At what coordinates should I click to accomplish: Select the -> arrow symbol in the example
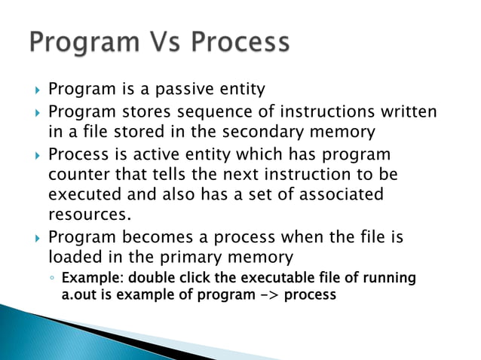(x=268, y=294)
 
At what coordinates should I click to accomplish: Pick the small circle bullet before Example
(x=51, y=279)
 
